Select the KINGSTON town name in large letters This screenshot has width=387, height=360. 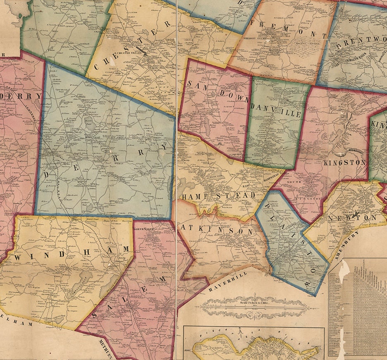(x=344, y=162)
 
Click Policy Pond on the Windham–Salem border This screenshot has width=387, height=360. (x=107, y=285)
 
